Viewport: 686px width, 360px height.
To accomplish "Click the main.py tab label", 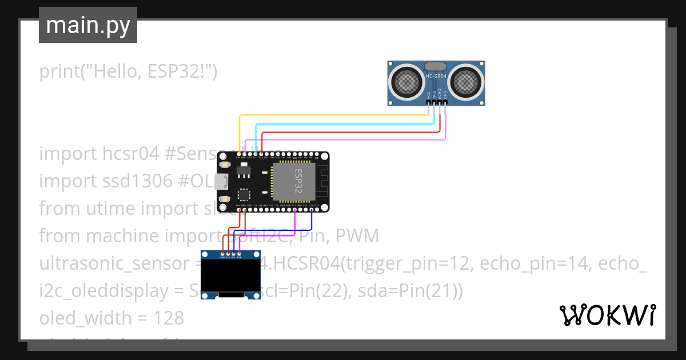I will tap(87, 25).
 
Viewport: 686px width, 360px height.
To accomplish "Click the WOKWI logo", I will tap(607, 315).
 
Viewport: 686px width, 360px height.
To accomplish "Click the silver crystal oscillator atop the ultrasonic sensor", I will tap(436, 66).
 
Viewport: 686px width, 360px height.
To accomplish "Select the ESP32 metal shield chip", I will tap(294, 182).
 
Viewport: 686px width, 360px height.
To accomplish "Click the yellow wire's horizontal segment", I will tap(332, 115).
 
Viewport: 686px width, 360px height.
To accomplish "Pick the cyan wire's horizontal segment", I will tap(343, 123).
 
